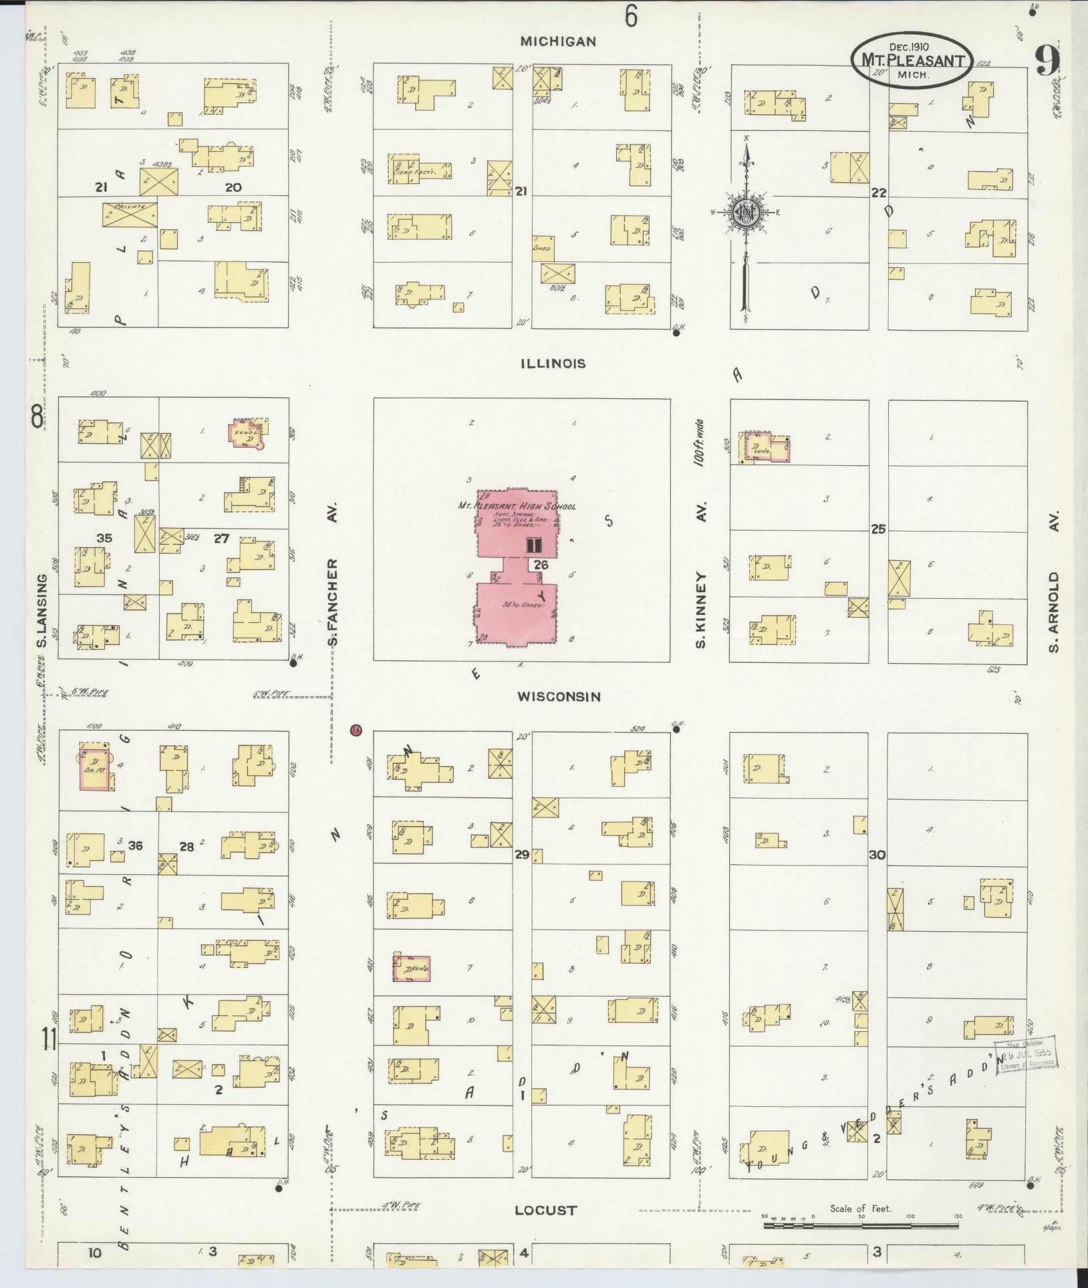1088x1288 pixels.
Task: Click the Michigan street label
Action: (558, 41)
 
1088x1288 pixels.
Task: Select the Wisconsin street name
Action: (559, 696)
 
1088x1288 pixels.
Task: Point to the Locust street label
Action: (545, 1210)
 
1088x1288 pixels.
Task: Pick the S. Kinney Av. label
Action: (701, 575)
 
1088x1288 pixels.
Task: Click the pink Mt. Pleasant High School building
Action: (517, 568)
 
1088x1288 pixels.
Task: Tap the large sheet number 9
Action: (1048, 61)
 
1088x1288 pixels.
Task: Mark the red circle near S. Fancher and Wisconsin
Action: (356, 729)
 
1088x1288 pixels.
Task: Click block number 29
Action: (522, 854)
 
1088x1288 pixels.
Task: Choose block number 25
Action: (877, 529)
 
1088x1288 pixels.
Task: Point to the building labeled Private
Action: (130, 215)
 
